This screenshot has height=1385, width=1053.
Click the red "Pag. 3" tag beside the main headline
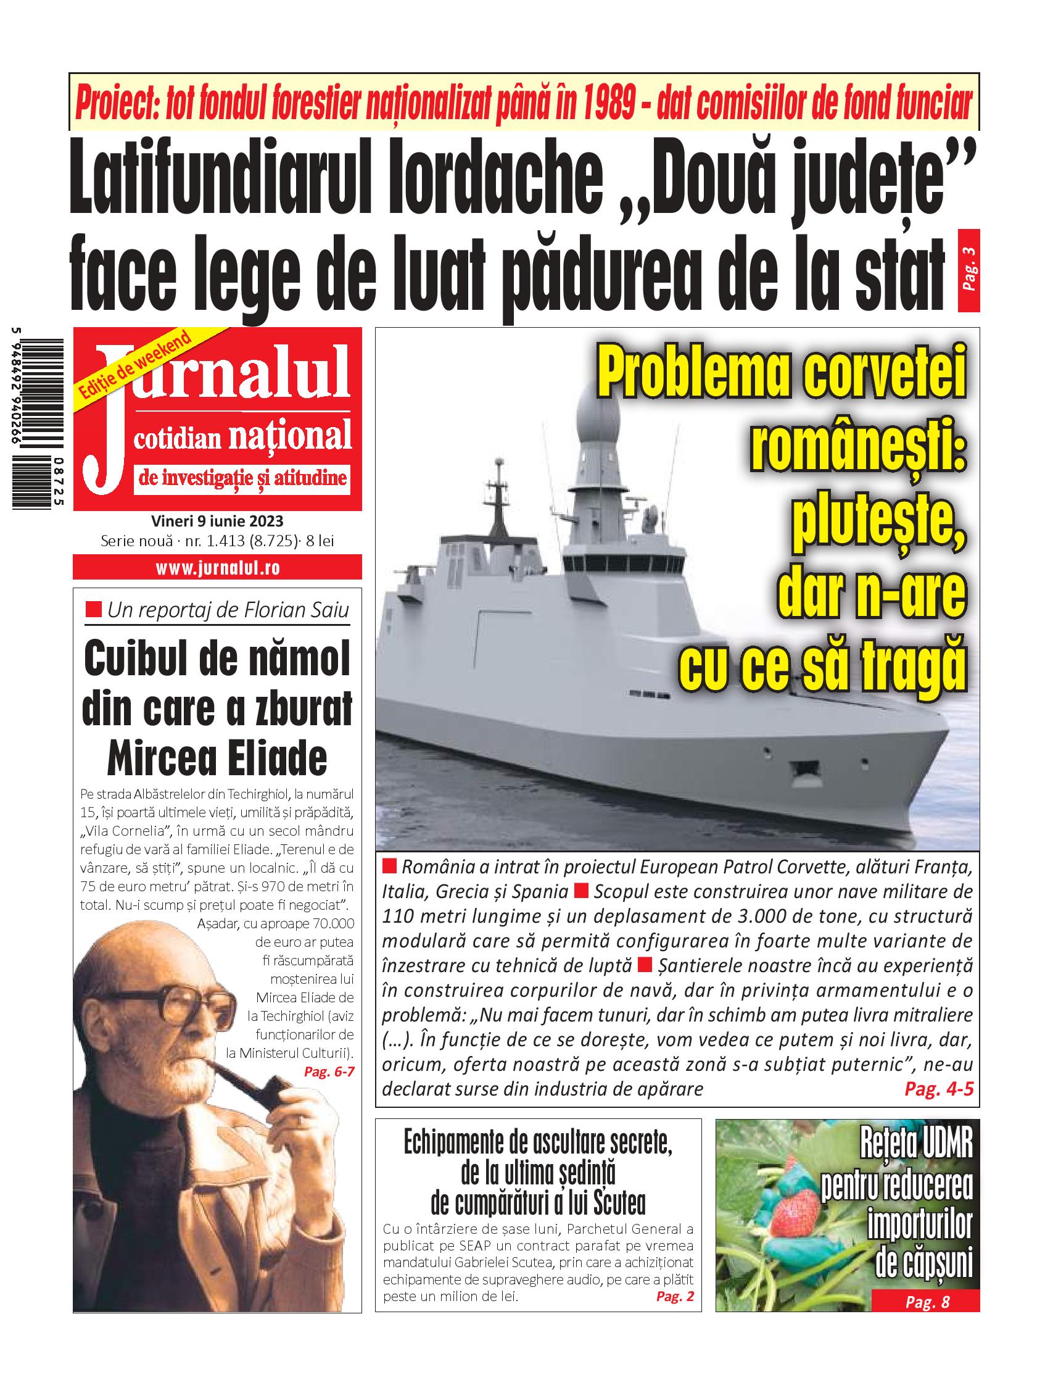point(969,271)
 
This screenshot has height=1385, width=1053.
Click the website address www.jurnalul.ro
point(218,568)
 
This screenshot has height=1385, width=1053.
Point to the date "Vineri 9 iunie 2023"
point(217,521)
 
